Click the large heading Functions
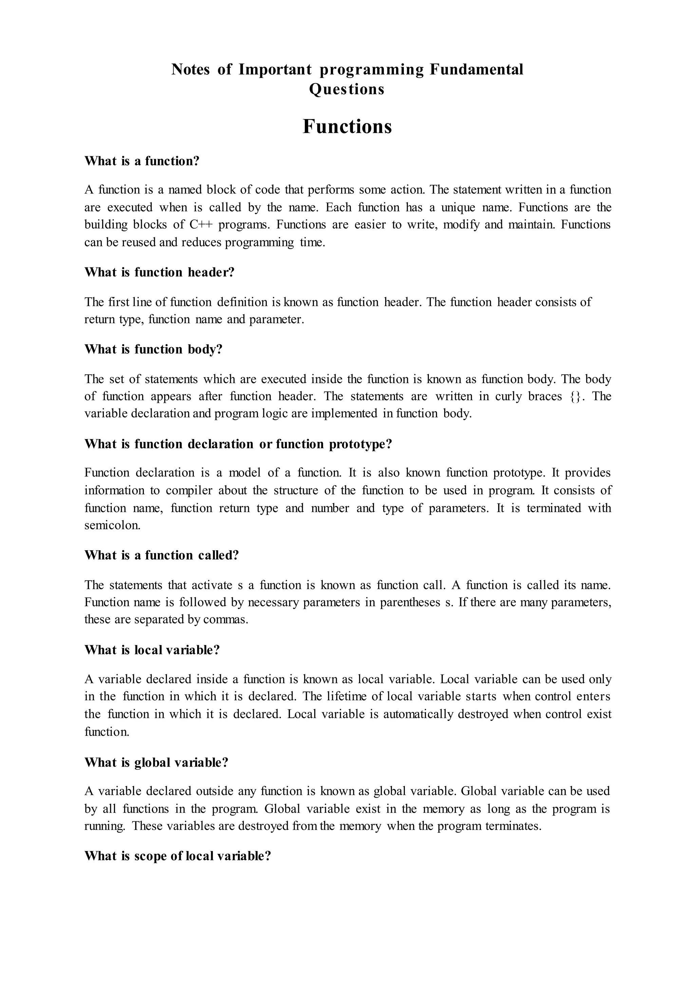347,126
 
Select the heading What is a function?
142,161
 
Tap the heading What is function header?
159,272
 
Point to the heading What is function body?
154,350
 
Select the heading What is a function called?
161,555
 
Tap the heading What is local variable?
152,650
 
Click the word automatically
418,714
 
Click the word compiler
189,490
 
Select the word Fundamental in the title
476,69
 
